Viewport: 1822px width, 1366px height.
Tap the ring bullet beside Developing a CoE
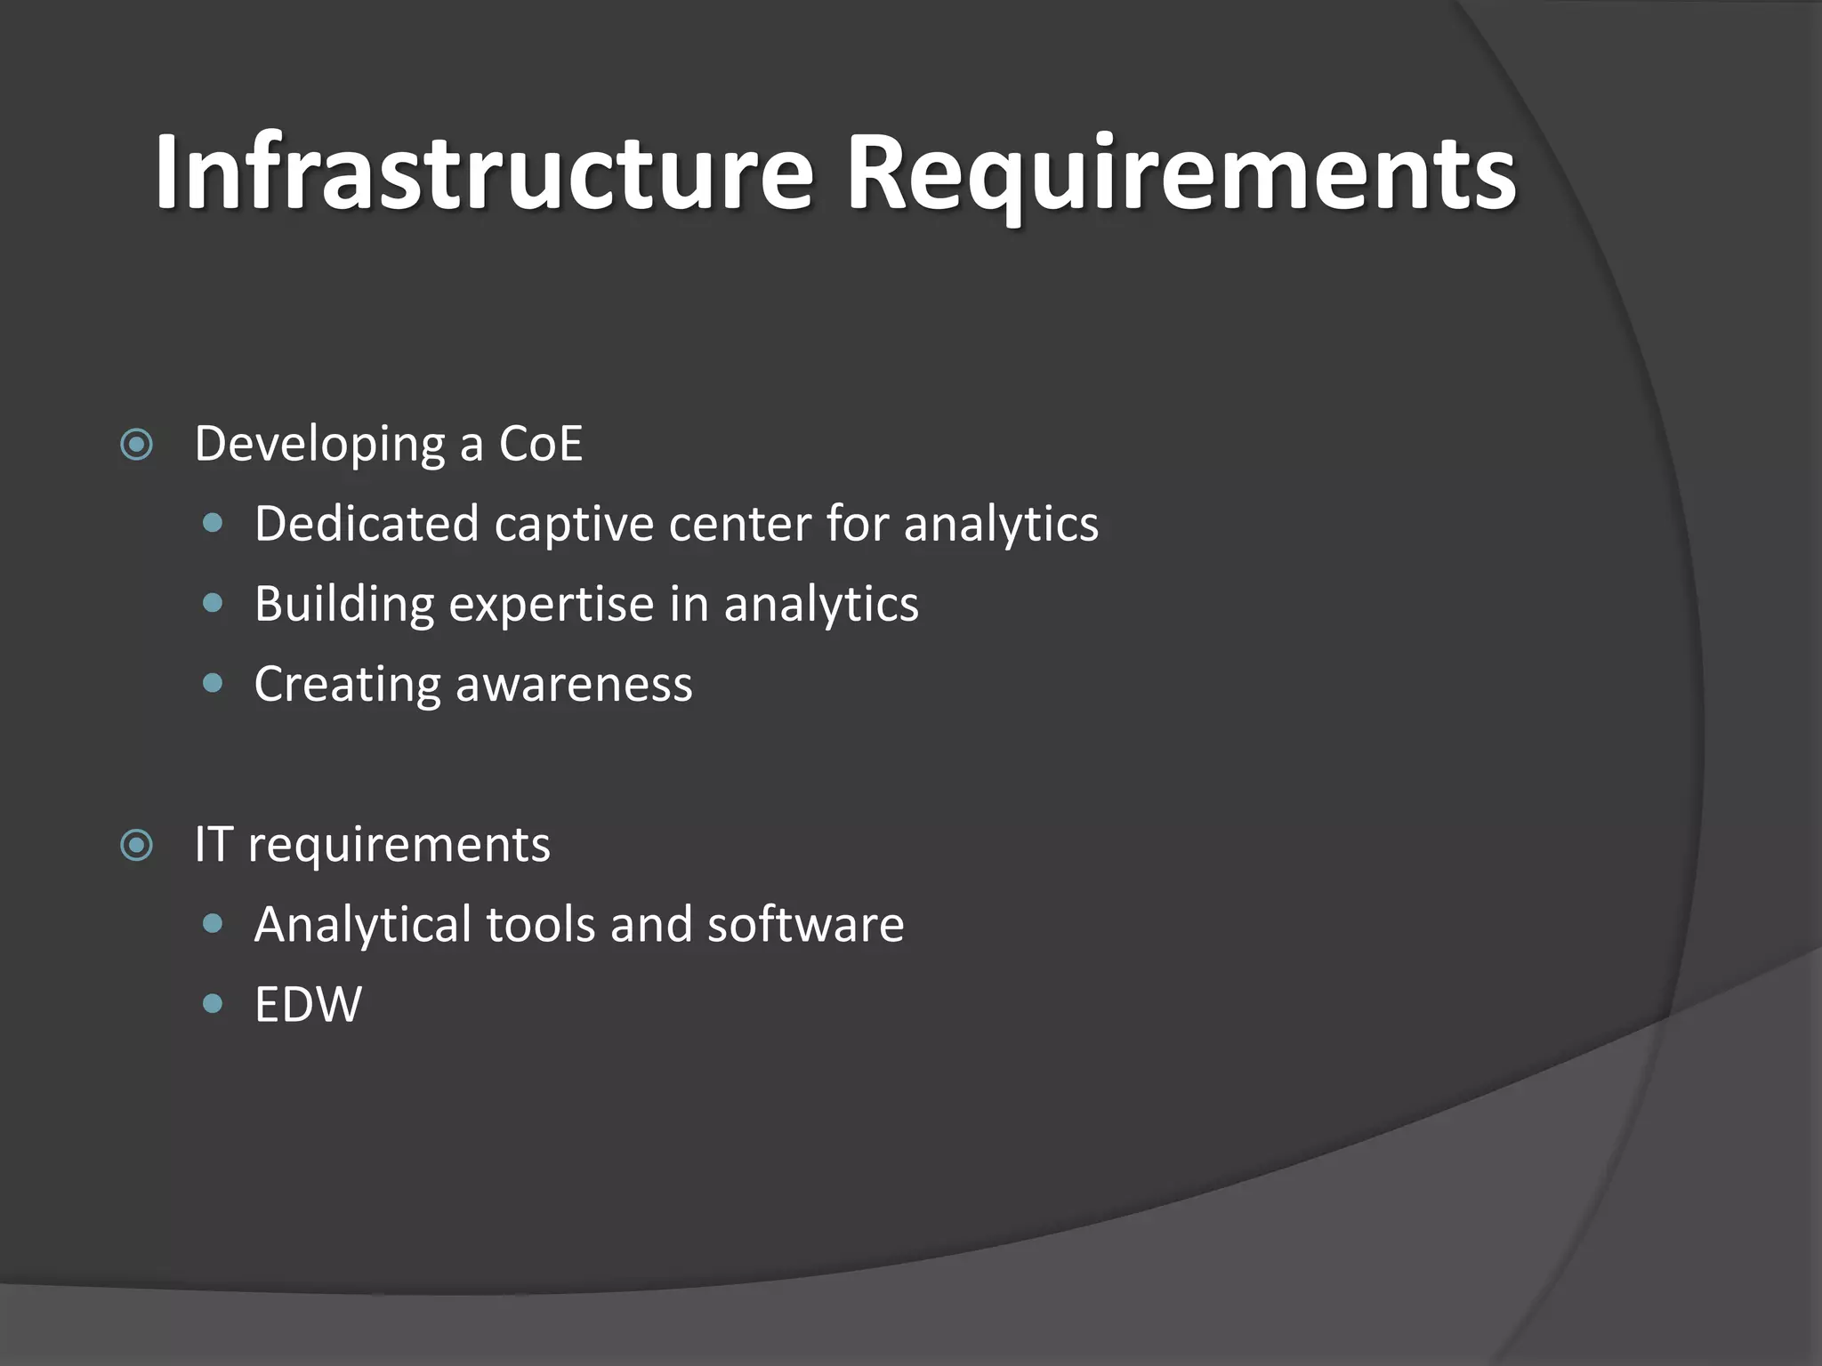pos(137,444)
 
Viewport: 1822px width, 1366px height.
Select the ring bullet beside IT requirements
pos(137,845)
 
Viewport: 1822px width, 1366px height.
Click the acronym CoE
pos(540,444)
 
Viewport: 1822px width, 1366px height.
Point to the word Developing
pos(319,446)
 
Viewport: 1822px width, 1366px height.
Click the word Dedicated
pos(367,524)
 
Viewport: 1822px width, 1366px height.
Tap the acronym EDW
pos(308,1005)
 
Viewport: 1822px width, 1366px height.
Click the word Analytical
pos(363,925)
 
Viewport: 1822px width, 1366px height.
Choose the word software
pos(805,925)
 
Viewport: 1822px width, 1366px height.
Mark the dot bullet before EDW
pos(213,1004)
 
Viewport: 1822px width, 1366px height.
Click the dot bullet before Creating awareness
pos(213,683)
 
